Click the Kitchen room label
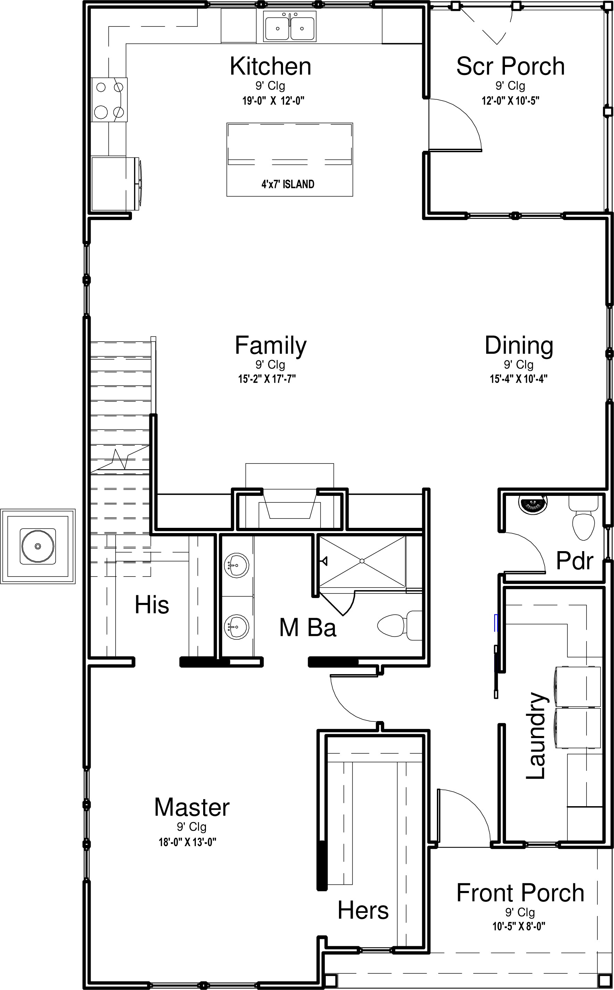click(271, 66)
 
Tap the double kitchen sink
click(290, 26)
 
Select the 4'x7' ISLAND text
click(288, 185)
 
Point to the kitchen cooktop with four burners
click(110, 99)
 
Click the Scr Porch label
click(511, 66)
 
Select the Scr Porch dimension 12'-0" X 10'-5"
click(511, 101)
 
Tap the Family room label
click(271, 346)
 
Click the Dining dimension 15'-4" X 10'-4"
click(518, 379)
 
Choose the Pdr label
click(575, 561)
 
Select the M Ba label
click(308, 627)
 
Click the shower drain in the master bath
click(362, 561)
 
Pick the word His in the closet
click(152, 605)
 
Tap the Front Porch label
click(520, 893)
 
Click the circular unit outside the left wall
click(38, 546)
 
